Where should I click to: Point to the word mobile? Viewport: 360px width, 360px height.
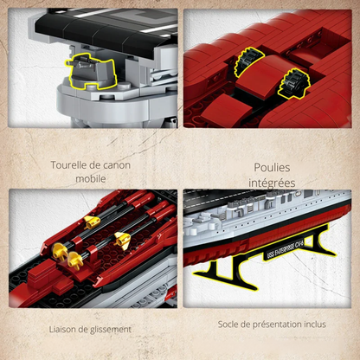pyautogui.click(x=90, y=179)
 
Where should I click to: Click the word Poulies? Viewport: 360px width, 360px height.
pyautogui.click(x=272, y=168)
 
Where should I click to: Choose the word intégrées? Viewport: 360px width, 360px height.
pyautogui.click(x=272, y=183)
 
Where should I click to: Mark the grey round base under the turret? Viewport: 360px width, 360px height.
pyautogui.click(x=95, y=108)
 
